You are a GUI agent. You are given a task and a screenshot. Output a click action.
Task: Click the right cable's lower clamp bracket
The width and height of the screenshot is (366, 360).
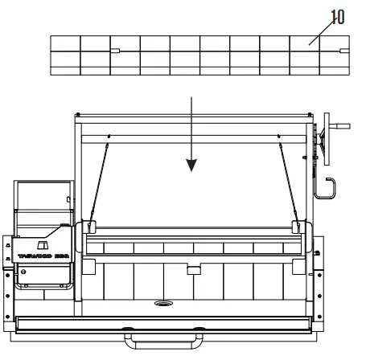coord(300,226)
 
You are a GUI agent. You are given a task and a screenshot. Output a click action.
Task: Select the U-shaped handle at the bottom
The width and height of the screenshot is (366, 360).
coord(162,342)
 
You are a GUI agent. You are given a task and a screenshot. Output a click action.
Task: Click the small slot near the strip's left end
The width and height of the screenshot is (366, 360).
coord(115,51)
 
